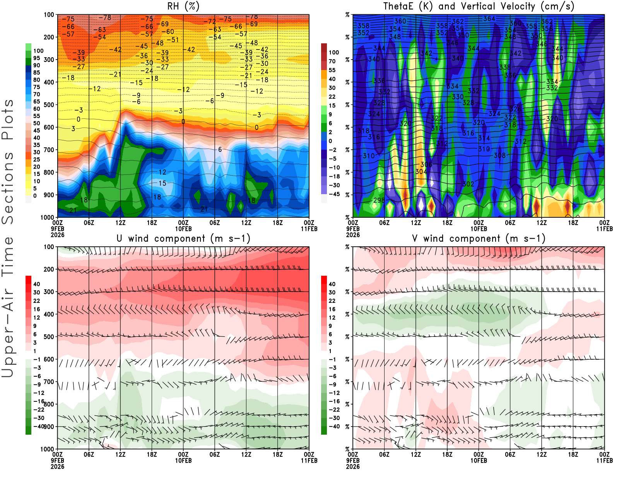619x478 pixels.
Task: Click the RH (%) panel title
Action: click(183, 6)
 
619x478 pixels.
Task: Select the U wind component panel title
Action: click(183, 238)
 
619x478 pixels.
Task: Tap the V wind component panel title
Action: click(479, 238)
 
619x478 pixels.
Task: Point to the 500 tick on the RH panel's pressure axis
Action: click(49, 104)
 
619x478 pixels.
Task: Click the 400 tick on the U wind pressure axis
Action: click(49, 314)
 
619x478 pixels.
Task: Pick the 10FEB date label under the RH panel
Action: click(183, 229)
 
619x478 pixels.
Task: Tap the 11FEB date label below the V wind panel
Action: click(604, 461)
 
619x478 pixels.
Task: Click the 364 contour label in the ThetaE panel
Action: click(489, 19)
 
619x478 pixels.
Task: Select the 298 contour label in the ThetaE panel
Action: click(379, 200)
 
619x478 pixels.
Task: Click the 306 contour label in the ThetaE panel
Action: click(426, 165)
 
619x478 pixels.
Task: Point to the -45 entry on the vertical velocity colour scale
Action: click(334, 194)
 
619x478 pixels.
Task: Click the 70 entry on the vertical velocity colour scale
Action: click(332, 61)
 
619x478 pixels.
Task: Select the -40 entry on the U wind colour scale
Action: click(38, 426)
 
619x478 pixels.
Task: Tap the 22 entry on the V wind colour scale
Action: click(332, 300)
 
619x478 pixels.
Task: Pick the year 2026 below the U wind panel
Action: click(57, 466)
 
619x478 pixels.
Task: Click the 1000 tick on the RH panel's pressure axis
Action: click(47, 217)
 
